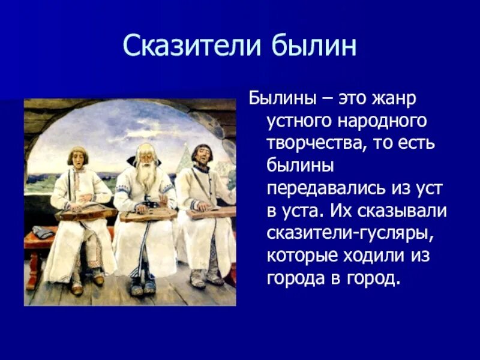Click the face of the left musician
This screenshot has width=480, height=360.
(x=77, y=158)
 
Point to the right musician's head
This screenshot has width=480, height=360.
(x=202, y=154)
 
